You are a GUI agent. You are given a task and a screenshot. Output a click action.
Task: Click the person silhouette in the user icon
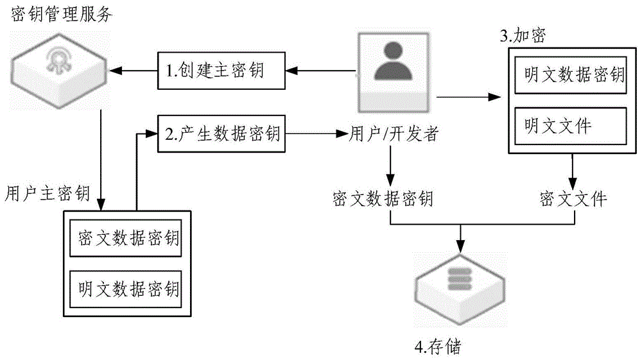[x=395, y=63]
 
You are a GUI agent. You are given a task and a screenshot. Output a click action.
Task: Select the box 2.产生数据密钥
[x=222, y=134]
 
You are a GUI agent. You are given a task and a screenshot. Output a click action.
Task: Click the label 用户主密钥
[x=47, y=193]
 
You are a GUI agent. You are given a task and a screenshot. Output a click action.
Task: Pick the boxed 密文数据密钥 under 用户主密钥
[x=127, y=239]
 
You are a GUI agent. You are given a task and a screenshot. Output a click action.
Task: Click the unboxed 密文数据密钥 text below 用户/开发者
[x=383, y=200]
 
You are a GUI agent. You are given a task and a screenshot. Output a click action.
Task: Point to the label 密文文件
[x=573, y=200]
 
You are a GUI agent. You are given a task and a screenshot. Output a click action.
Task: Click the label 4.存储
[x=438, y=347]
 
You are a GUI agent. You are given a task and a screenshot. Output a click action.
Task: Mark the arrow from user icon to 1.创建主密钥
[x=320, y=67]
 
